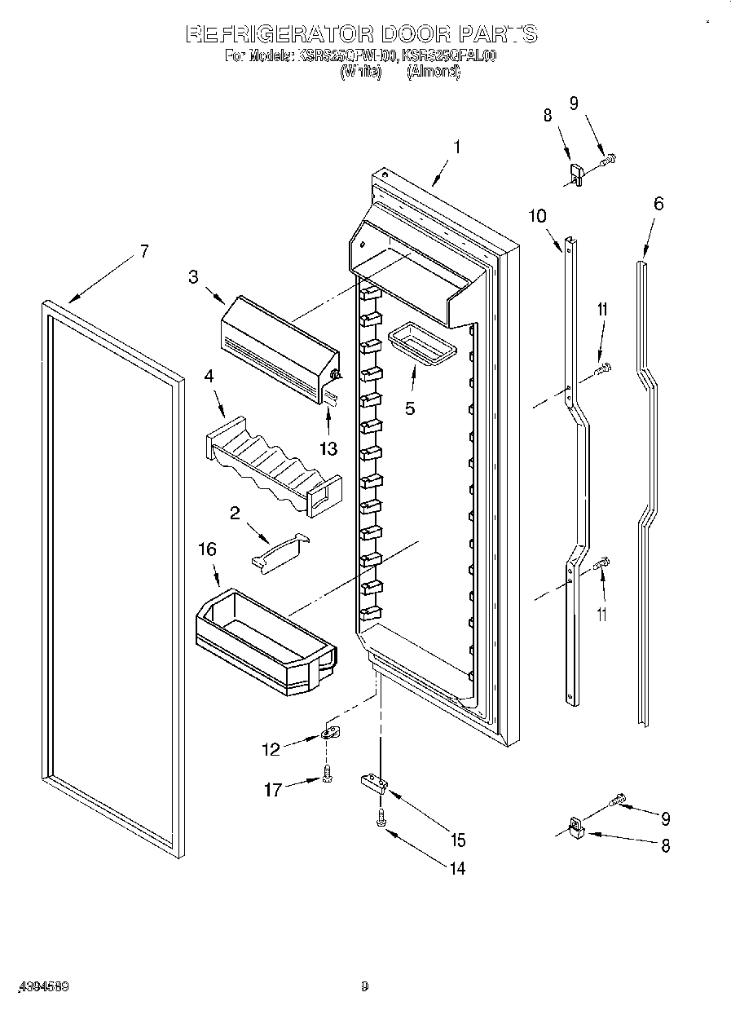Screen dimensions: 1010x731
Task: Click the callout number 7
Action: tap(143, 252)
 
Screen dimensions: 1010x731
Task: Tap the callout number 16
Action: tap(208, 549)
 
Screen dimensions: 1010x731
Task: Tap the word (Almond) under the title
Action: tap(433, 72)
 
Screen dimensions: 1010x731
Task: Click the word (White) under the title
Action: tap(360, 72)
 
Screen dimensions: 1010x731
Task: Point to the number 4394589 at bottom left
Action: tap(42, 986)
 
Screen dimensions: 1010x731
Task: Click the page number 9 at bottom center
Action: tap(364, 986)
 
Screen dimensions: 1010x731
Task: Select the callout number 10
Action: tap(537, 215)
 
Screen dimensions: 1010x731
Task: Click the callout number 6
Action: tap(658, 203)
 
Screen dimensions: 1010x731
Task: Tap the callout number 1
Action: tap(457, 148)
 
